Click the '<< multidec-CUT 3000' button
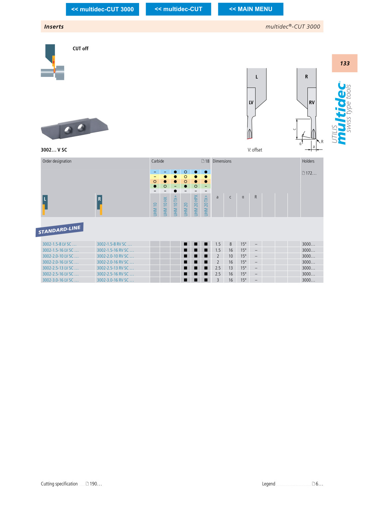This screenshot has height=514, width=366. tap(102, 9)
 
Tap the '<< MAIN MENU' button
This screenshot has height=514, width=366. tap(251, 9)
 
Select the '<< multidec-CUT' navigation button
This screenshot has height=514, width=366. tap(178, 9)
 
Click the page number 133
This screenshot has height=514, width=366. tap(345, 63)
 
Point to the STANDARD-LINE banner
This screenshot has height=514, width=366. tap(60, 229)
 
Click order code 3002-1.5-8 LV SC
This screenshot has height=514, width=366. tap(60, 244)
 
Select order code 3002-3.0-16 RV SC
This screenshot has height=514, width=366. tap(115, 280)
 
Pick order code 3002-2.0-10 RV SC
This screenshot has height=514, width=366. tap(115, 256)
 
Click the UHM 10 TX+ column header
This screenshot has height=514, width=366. tap(175, 206)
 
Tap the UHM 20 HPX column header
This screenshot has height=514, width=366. tap(196, 206)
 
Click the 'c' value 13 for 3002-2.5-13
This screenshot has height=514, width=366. tap(231, 268)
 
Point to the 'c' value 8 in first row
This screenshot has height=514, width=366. tap(231, 244)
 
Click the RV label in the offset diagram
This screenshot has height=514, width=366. tap(312, 103)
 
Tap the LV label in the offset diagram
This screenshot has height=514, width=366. tap(251, 103)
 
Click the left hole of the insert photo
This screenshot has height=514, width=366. tap(68, 130)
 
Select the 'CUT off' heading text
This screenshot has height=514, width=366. tap(81, 48)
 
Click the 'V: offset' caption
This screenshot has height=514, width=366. tap(255, 150)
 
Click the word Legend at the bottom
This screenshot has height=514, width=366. tap(269, 484)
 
